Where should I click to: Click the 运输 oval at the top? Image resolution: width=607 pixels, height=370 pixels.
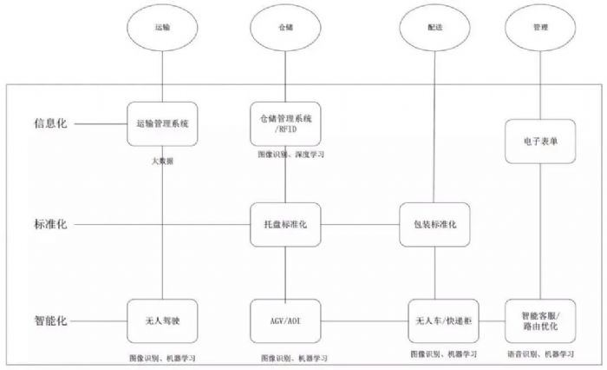point(161,27)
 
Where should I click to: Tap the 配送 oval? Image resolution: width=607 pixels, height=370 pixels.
point(434,27)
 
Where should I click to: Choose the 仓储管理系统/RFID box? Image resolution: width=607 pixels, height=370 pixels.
point(284,123)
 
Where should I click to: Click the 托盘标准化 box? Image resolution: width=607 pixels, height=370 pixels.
point(284,225)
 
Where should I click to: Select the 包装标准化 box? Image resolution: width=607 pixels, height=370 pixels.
point(434,225)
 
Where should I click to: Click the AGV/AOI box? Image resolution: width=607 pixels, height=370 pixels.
point(284,321)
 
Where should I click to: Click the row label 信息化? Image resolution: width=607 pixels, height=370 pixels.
point(49,123)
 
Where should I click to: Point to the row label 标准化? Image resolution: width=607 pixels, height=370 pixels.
point(49,225)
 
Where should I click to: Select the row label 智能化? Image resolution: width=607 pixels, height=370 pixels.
point(49,321)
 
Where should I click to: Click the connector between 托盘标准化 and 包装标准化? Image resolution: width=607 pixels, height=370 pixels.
point(359,225)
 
